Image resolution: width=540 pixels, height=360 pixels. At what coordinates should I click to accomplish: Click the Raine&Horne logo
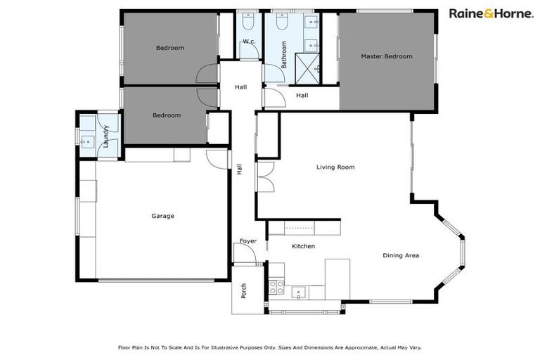click(490, 13)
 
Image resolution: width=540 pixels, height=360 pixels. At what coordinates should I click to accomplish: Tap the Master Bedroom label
click(386, 56)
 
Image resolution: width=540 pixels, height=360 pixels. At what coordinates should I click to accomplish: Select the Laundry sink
click(88, 141)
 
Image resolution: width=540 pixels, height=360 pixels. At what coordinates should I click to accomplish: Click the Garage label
click(162, 216)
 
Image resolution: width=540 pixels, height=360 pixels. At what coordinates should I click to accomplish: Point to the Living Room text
click(335, 167)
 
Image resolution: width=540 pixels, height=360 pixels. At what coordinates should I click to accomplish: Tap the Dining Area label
click(401, 255)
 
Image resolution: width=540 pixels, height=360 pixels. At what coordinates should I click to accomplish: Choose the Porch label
click(244, 290)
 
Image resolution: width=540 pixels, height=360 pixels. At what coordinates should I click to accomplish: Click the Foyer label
click(248, 241)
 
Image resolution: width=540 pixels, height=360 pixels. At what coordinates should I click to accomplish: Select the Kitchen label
click(303, 246)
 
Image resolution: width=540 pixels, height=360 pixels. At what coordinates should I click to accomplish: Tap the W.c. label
click(248, 42)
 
